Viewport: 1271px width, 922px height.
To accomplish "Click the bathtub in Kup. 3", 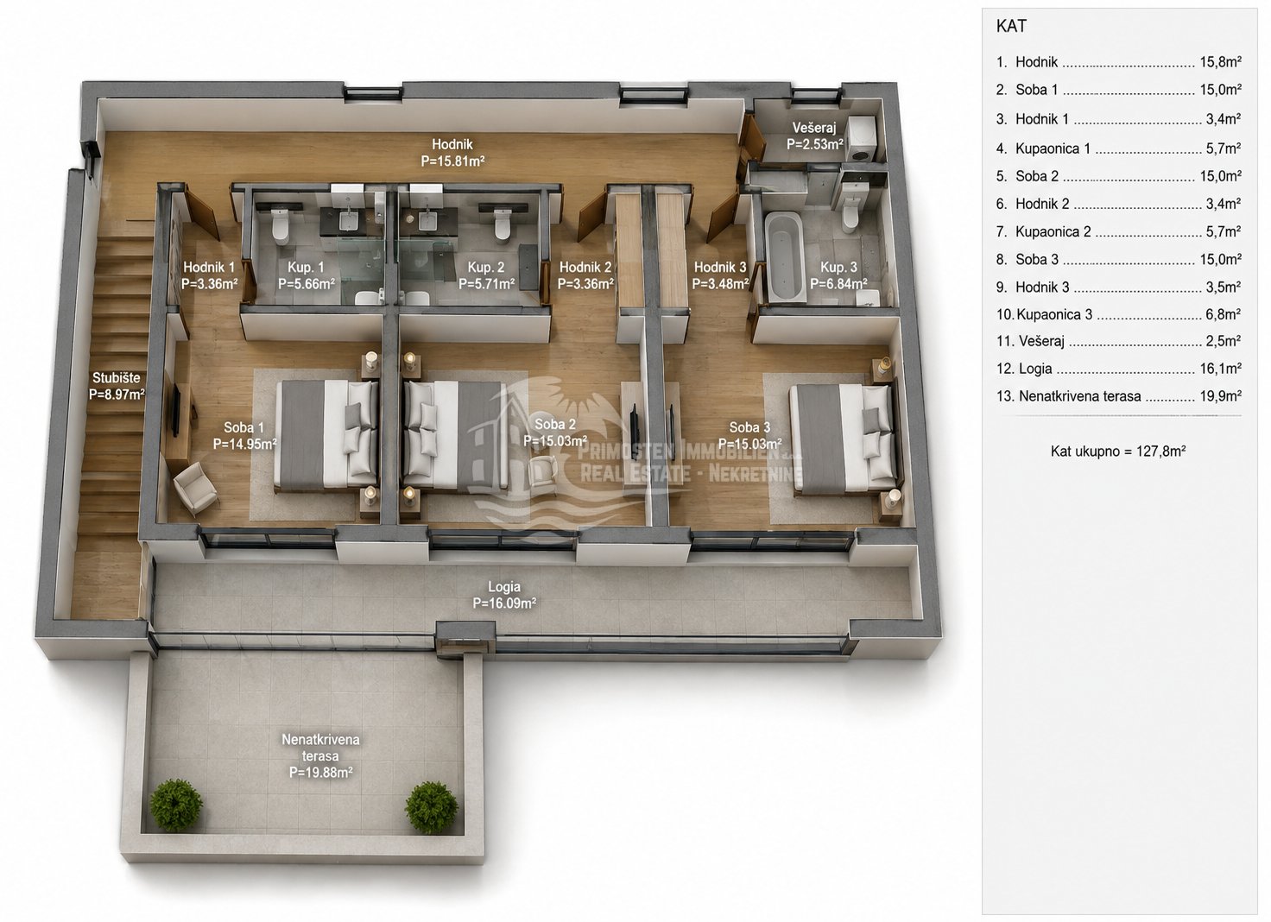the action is (x=784, y=256).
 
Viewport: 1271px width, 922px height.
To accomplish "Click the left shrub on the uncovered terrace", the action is (x=176, y=805).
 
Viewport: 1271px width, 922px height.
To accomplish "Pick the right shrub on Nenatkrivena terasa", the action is (x=431, y=807).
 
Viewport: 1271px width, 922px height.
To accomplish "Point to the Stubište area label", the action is (x=117, y=386).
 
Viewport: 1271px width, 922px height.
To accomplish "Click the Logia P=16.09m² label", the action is (x=504, y=595).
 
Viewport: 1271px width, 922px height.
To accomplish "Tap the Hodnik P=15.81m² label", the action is (x=452, y=153).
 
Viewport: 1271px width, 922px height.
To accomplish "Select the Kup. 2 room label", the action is (x=486, y=275).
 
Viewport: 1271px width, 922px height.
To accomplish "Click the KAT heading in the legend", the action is (x=1011, y=26).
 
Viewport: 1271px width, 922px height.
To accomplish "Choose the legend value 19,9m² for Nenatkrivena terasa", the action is (x=1221, y=396).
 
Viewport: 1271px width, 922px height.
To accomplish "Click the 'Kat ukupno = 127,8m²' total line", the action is (x=1118, y=451).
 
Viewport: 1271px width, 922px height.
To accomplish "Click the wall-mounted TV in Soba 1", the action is (x=176, y=410).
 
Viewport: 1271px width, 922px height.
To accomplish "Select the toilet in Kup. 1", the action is (x=281, y=224).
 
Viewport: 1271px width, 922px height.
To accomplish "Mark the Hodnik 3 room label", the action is (x=720, y=275).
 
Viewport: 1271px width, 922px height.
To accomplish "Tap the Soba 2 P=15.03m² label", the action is (x=555, y=433).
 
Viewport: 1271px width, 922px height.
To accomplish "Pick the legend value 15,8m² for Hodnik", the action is (x=1221, y=62).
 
